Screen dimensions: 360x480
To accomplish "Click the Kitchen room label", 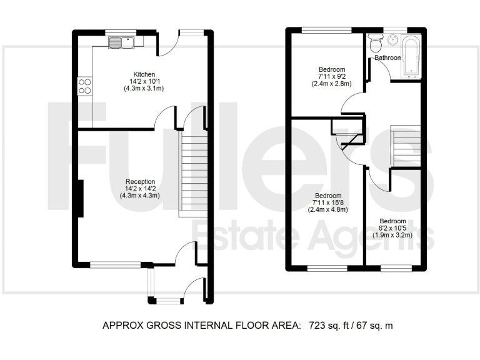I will pos(139,74).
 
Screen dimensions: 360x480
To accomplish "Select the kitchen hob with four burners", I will pos(84,86).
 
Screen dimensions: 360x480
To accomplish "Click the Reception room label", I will pos(139,181).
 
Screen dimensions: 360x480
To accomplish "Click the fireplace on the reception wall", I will pos(79,199).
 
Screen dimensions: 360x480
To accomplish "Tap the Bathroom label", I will pos(387,58).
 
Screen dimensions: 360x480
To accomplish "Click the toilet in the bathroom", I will pos(375,44).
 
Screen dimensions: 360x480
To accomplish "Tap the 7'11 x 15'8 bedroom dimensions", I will pos(327,202).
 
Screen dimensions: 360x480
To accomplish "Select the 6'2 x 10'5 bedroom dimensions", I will pos(392,229).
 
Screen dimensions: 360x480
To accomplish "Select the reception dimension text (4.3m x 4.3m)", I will pos(139,196).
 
